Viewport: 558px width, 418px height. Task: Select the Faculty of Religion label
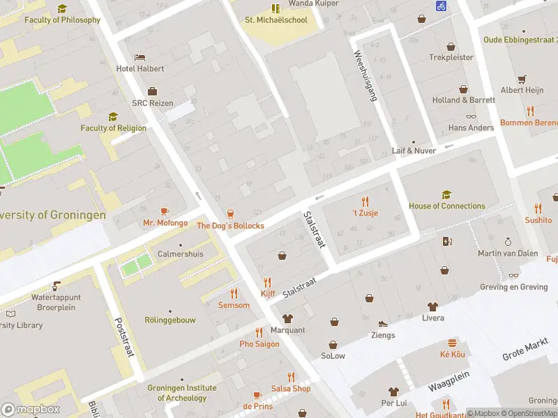[x=113, y=127]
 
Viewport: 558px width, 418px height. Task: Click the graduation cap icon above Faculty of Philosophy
[x=62, y=8]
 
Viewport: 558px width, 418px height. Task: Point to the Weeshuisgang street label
[x=365, y=76]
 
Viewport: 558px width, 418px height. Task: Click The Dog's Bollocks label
[x=230, y=226]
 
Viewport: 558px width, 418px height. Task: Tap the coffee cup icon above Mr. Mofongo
[x=165, y=211]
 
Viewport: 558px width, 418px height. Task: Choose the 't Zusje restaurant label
[x=364, y=212]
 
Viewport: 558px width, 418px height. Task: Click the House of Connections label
[x=446, y=206]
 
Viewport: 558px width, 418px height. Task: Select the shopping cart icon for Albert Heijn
[x=522, y=79]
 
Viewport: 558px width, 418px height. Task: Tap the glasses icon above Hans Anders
[x=471, y=117]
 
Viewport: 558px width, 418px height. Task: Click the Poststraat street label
[x=123, y=338]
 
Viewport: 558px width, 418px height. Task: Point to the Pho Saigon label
[x=259, y=344]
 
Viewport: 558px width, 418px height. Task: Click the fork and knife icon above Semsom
[x=234, y=293]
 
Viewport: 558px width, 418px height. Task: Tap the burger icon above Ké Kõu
[x=452, y=343]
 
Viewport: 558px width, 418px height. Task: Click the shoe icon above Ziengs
[x=382, y=324]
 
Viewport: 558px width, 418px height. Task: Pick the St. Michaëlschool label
[x=276, y=20]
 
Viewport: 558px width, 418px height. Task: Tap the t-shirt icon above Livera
[x=432, y=306]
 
